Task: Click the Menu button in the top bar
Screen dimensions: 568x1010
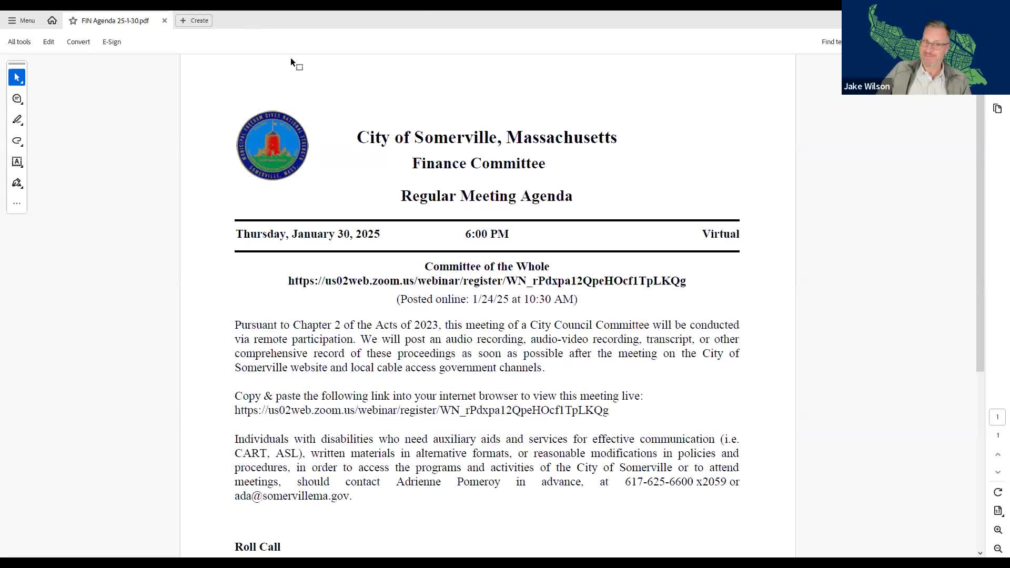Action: (x=22, y=21)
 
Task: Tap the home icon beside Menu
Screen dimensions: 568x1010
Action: (x=52, y=21)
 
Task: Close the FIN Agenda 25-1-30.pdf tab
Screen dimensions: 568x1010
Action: (x=165, y=21)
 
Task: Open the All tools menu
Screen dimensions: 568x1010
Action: (x=19, y=42)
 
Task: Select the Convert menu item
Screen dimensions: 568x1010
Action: (x=78, y=42)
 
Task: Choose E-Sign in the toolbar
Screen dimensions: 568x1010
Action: (x=112, y=42)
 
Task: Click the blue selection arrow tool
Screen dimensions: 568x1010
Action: (x=17, y=78)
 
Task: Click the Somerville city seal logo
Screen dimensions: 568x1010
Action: (x=272, y=146)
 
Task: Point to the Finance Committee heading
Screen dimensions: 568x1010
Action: (x=478, y=164)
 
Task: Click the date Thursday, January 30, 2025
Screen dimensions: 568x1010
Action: (x=308, y=234)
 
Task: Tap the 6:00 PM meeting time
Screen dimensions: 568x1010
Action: (x=487, y=234)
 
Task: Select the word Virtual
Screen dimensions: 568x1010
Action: (x=720, y=234)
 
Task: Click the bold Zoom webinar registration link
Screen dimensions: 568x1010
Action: (x=487, y=281)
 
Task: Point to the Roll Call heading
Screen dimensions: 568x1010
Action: (x=257, y=547)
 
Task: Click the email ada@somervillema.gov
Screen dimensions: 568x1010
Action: (x=292, y=496)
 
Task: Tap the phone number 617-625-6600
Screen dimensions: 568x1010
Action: (x=659, y=482)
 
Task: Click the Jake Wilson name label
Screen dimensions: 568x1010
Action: (x=866, y=87)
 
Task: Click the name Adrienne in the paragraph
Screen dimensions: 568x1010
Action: (x=418, y=482)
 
